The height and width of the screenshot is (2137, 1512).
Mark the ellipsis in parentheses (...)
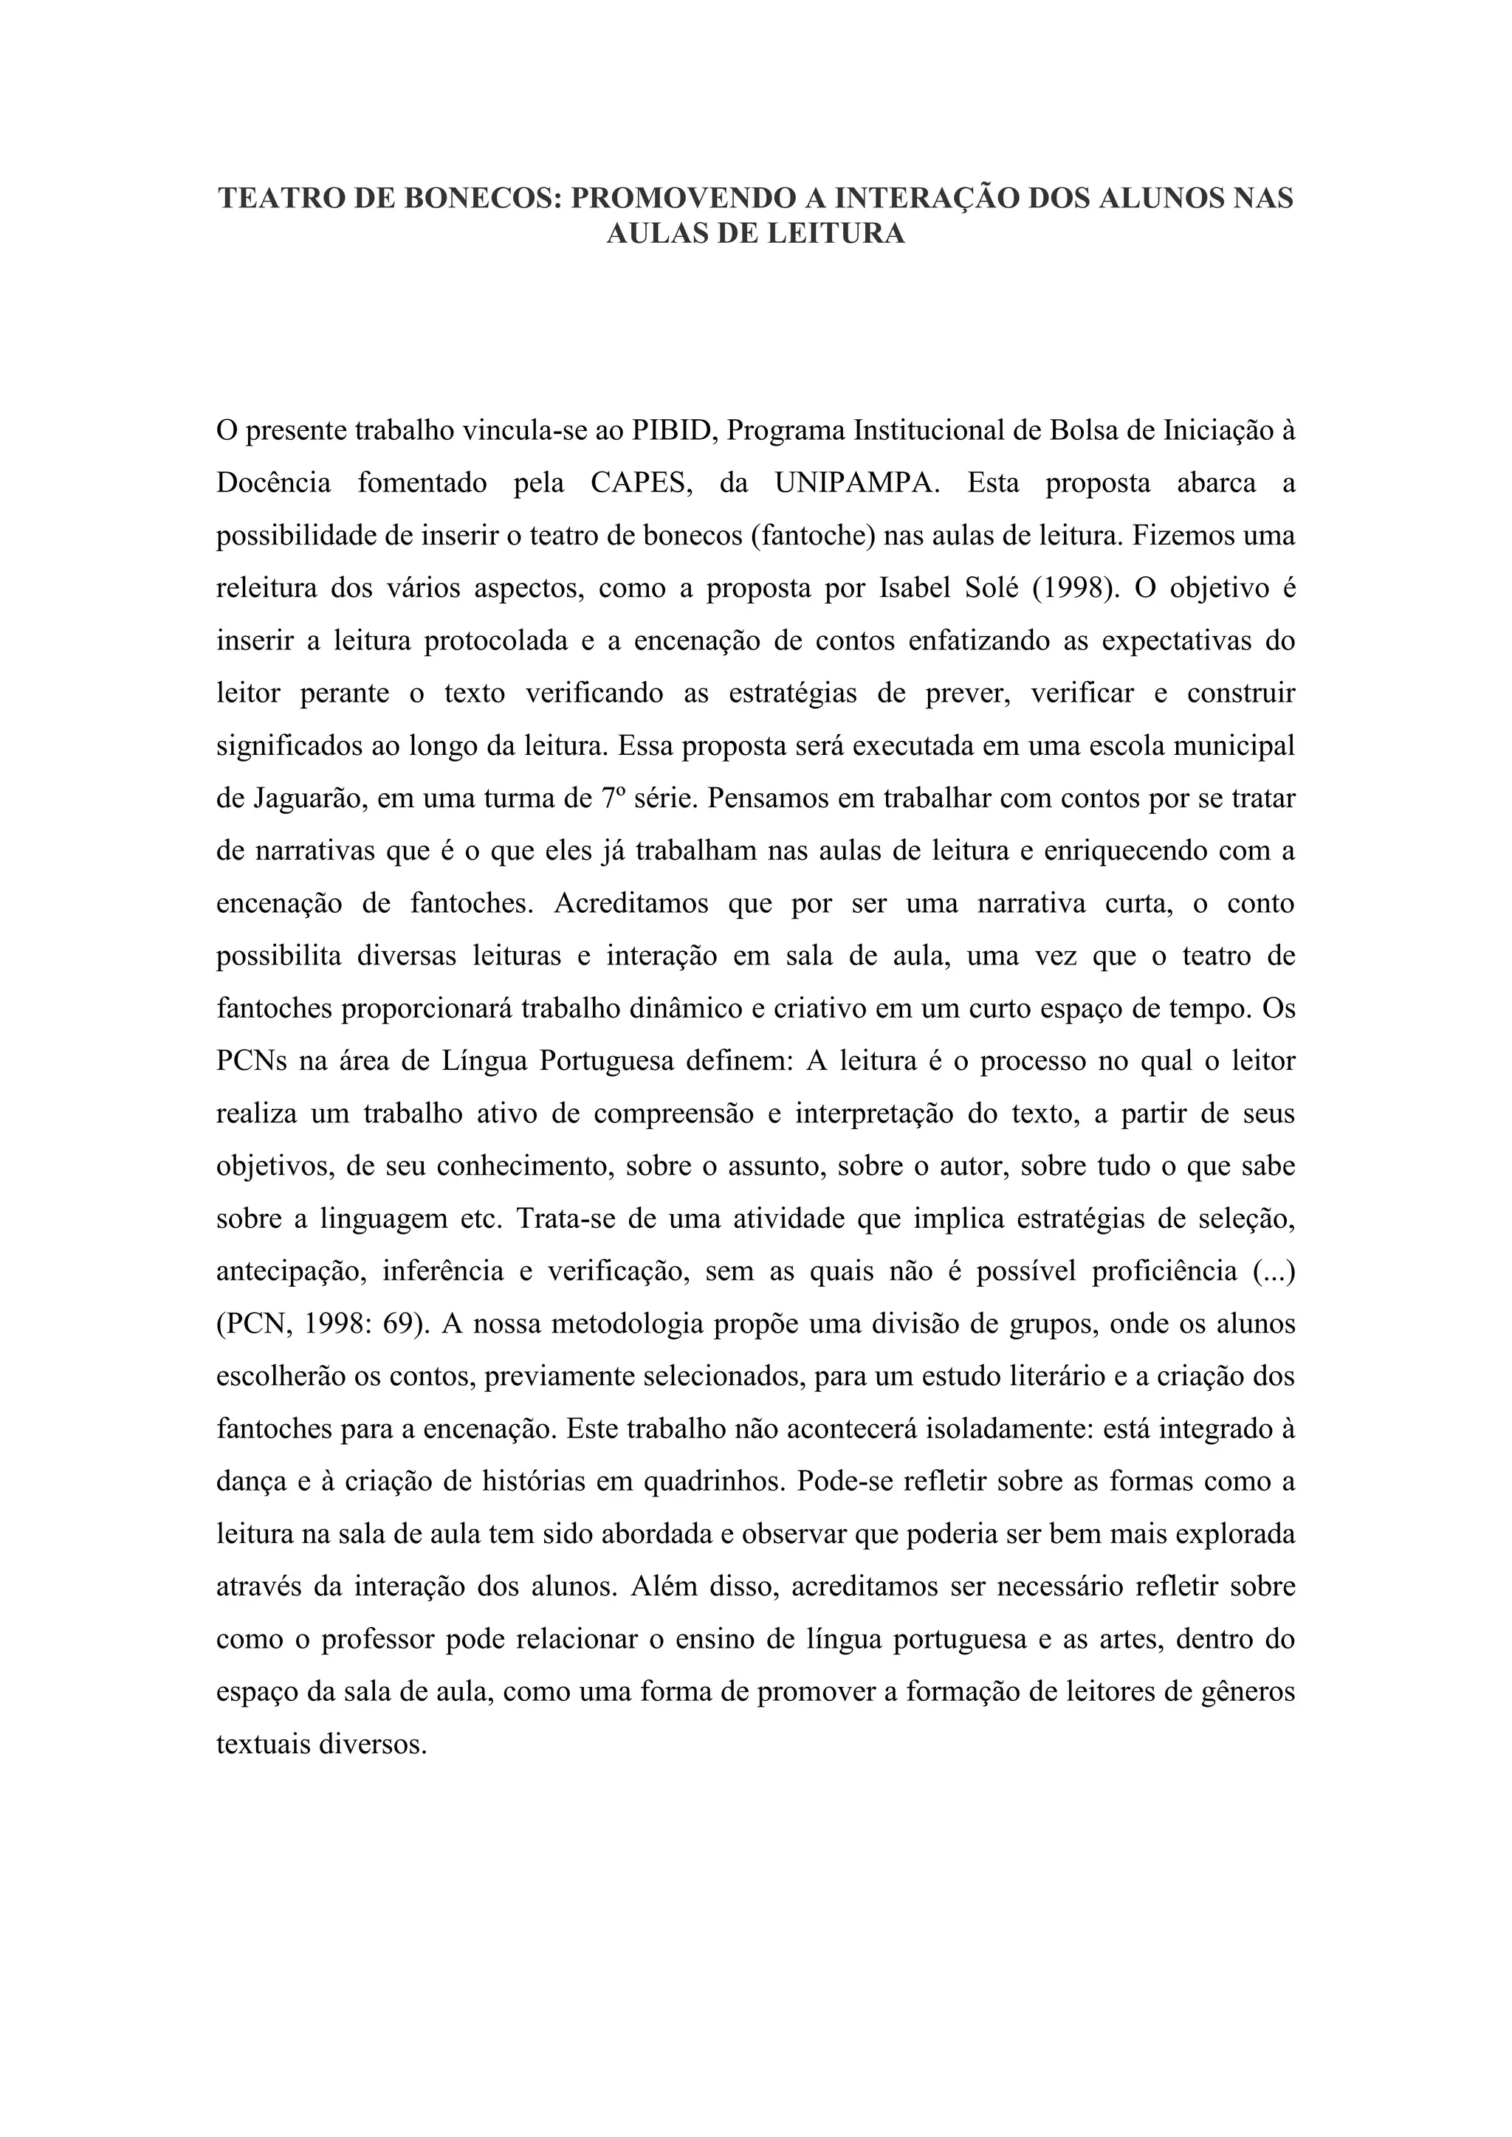[1274, 1271]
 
